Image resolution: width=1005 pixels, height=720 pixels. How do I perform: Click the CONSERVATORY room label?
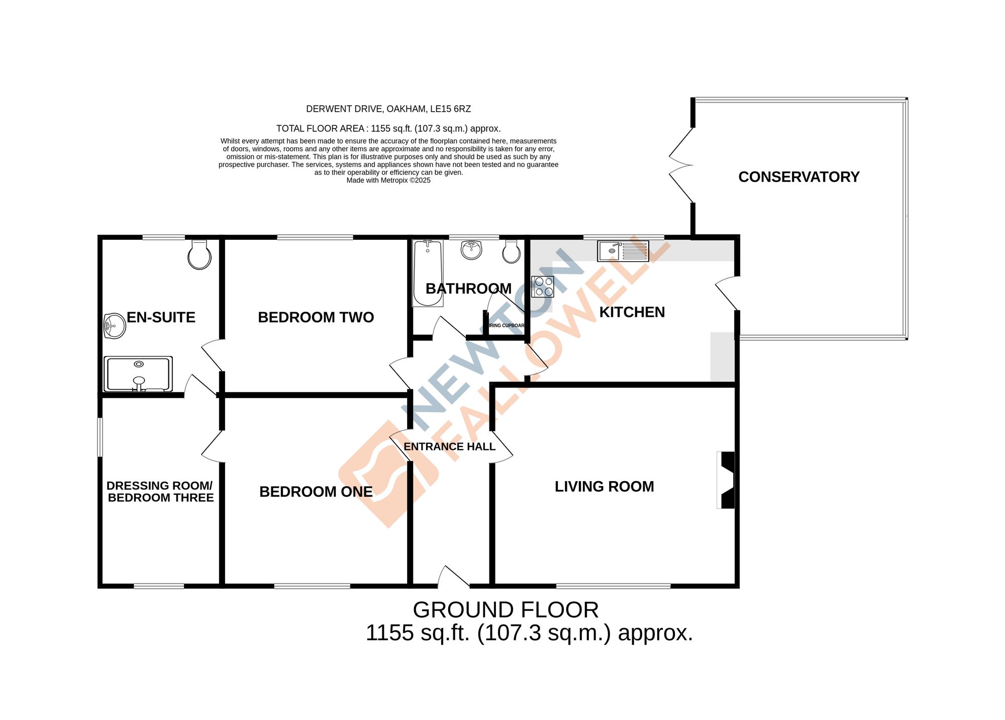[x=798, y=177]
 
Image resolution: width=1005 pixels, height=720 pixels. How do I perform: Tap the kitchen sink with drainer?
[x=623, y=251]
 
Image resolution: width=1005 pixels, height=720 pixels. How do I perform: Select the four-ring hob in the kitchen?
[x=543, y=287]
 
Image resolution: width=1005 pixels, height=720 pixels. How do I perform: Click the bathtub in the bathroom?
[x=428, y=273]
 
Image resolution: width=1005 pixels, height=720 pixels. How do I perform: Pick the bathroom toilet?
[x=512, y=251]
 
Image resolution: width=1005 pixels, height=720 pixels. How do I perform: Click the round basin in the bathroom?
[x=471, y=250]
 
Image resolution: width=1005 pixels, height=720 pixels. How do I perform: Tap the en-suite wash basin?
[x=115, y=326]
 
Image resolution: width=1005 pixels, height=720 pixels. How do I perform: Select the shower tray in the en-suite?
[x=138, y=374]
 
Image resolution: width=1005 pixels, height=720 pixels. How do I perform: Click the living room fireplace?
[x=727, y=480]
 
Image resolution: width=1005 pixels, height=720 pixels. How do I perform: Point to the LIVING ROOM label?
[x=604, y=487]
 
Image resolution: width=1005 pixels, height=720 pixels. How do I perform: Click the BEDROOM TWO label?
[x=316, y=317]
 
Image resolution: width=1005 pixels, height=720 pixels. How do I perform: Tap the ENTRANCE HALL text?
[x=449, y=446]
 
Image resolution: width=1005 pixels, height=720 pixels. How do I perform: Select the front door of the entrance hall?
[x=453, y=578]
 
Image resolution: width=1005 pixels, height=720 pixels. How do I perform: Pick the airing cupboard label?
[x=507, y=325]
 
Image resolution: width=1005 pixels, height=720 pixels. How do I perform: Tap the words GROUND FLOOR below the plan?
[x=506, y=610]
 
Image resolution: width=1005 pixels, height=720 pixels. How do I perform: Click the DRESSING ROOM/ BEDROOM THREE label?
[x=160, y=492]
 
